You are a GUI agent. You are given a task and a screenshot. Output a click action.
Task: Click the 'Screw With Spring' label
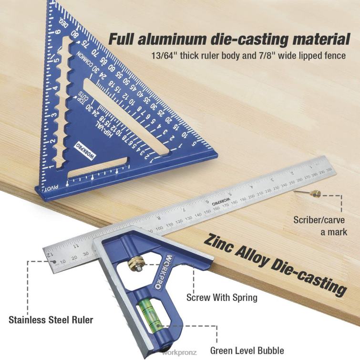[x=222, y=297]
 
